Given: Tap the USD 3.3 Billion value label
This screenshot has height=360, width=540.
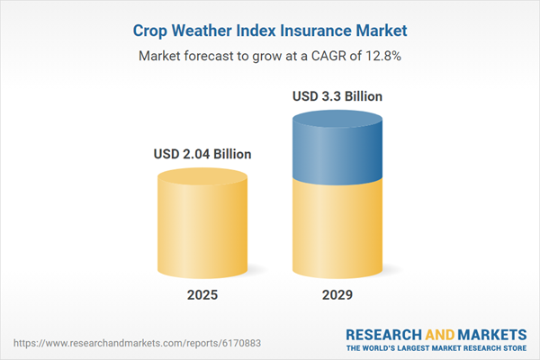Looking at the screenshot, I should [x=337, y=95].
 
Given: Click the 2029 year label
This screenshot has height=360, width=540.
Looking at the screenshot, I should [x=337, y=295].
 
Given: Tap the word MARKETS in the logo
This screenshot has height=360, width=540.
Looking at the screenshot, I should [x=490, y=333].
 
